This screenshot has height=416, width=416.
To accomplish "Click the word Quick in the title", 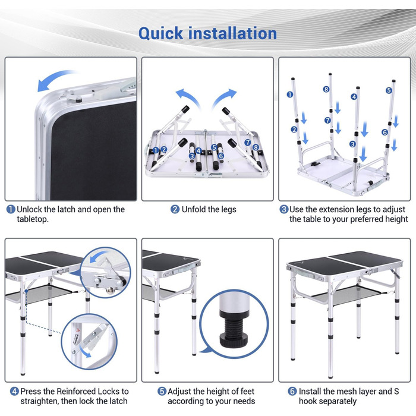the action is point(161,34).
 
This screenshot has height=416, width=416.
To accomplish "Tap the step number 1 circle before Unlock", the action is point(11,209).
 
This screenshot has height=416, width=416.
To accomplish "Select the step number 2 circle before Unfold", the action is point(175,209).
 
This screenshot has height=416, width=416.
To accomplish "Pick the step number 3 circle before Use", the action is point(284,209).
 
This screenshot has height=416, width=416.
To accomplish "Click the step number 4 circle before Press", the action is point(15,391).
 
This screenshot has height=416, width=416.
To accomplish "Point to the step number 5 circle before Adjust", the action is point(162,391).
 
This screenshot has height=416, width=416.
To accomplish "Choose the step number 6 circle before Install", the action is point(292,391).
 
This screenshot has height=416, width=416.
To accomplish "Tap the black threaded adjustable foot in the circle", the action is point(234,332).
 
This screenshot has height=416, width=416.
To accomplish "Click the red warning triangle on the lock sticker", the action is point(78,330).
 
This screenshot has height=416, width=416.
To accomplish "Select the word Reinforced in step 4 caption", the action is point(75,391).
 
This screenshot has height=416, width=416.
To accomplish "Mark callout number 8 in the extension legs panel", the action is point(326,89).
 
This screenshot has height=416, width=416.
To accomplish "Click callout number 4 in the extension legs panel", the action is point(354,97).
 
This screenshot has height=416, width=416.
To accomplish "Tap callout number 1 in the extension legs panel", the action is point(290,94).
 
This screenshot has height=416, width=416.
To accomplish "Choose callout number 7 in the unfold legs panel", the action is point(248,143).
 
